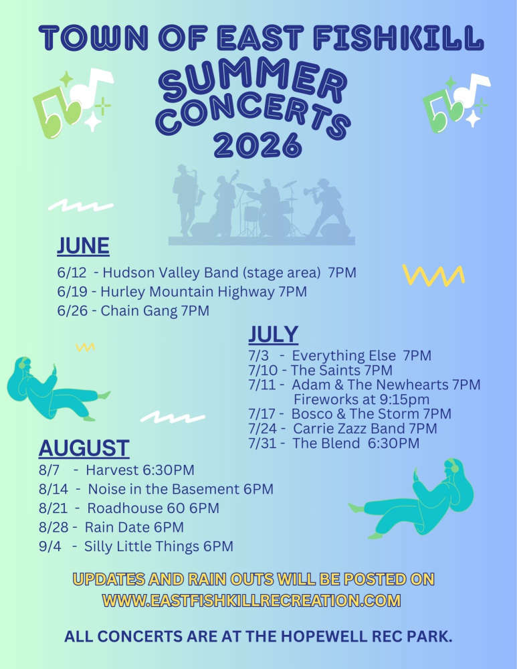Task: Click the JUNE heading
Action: (83, 246)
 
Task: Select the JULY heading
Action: (273, 334)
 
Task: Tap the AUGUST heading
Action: (84, 448)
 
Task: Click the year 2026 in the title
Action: (257, 145)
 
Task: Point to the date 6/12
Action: (72, 273)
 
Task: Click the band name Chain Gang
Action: (138, 311)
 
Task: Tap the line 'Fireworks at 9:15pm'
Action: (361, 400)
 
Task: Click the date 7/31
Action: (262, 444)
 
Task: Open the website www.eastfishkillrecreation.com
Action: (251, 601)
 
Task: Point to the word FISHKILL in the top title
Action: (399, 37)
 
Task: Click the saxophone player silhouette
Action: (185, 199)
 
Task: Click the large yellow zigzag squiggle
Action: (433, 276)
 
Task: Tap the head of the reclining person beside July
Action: (23, 365)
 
